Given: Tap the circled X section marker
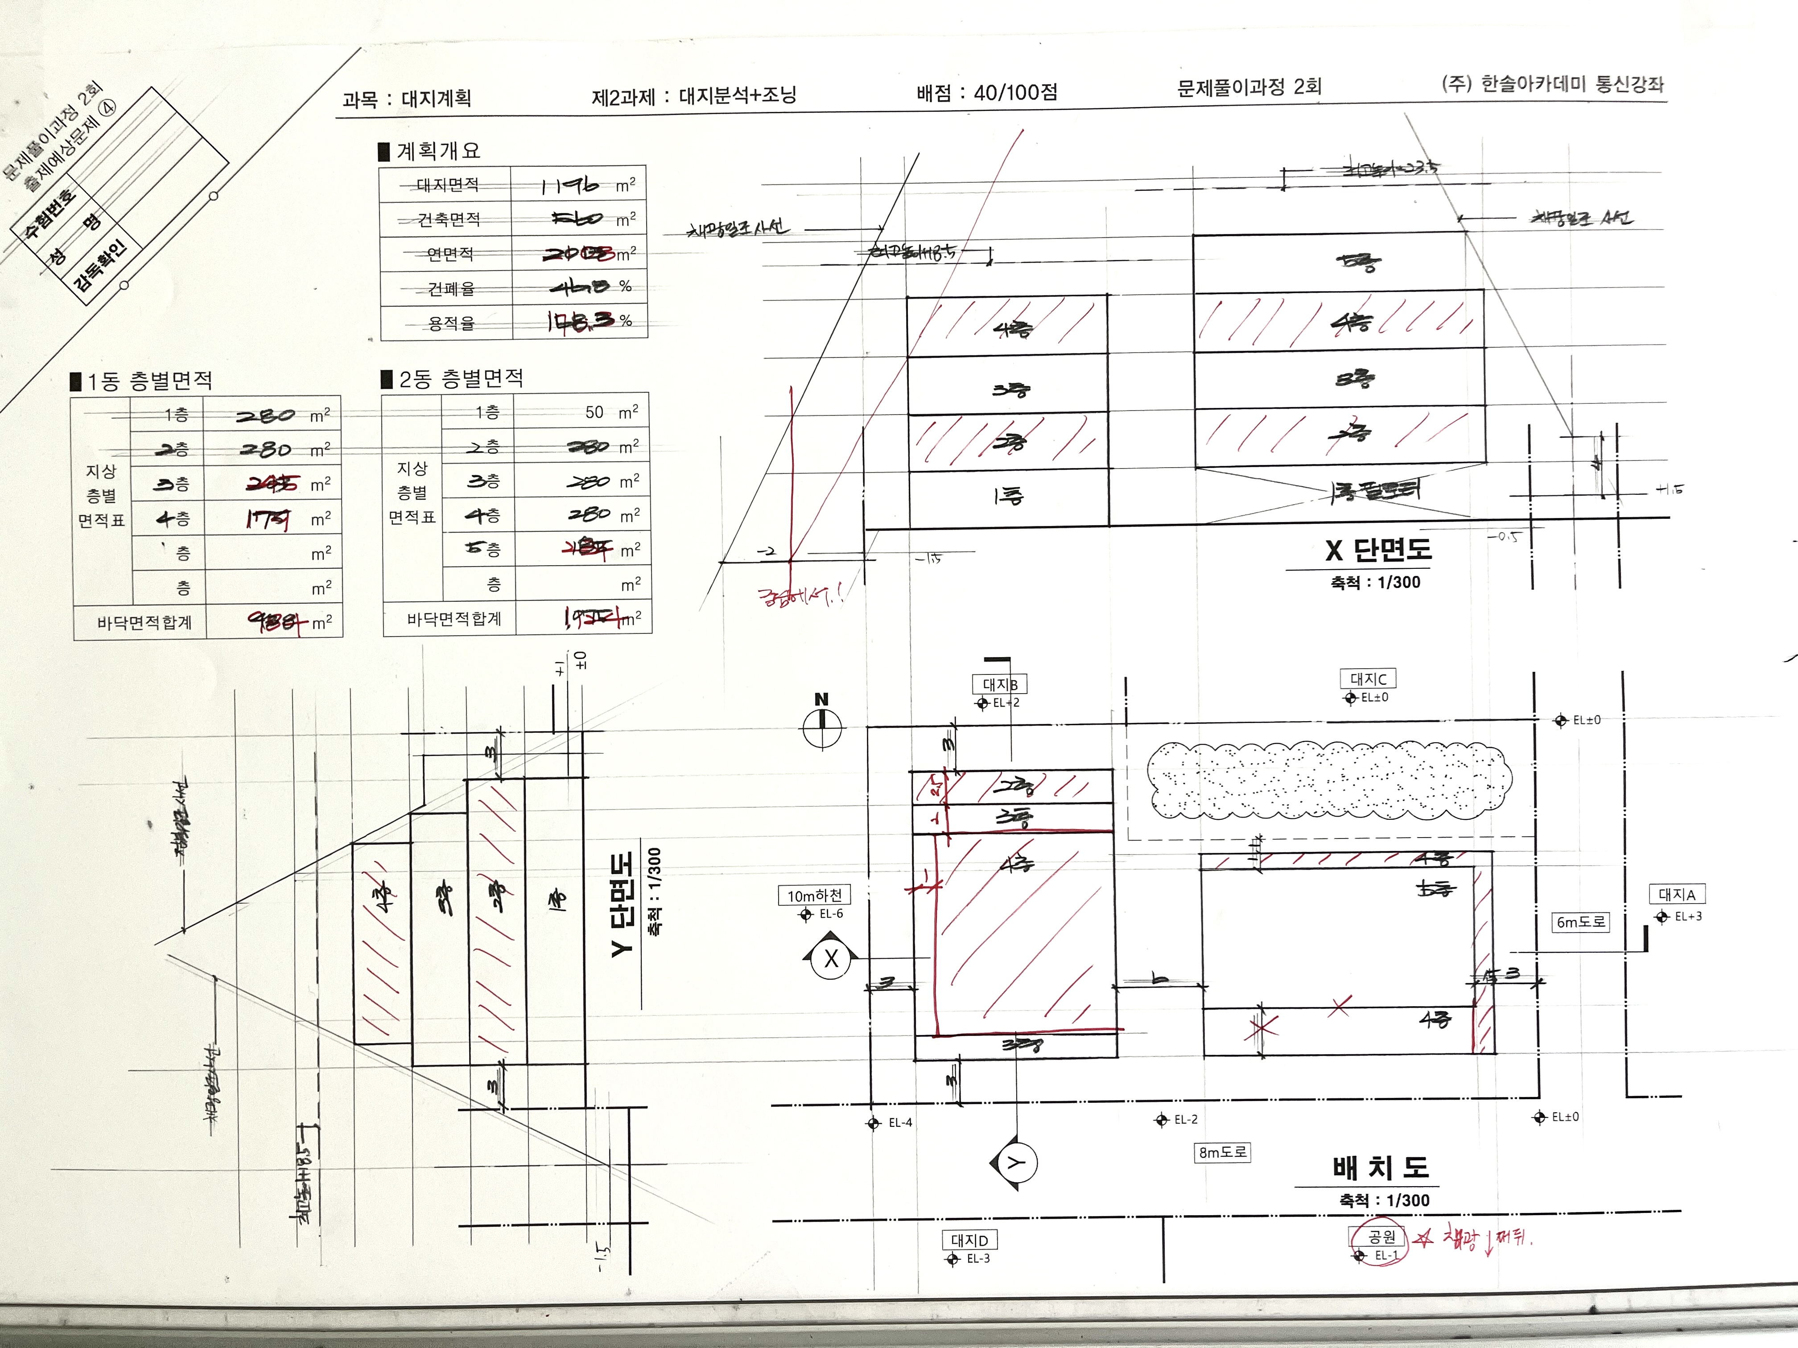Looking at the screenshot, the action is [x=831, y=959].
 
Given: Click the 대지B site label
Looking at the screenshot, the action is [x=1000, y=684].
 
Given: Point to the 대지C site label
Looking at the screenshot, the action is [x=1368, y=678].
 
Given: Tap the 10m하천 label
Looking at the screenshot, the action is [x=814, y=896].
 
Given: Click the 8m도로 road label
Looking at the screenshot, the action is [x=1222, y=1152].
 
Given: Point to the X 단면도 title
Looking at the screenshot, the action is [x=1378, y=550].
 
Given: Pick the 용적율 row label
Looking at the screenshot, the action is [x=451, y=323].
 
